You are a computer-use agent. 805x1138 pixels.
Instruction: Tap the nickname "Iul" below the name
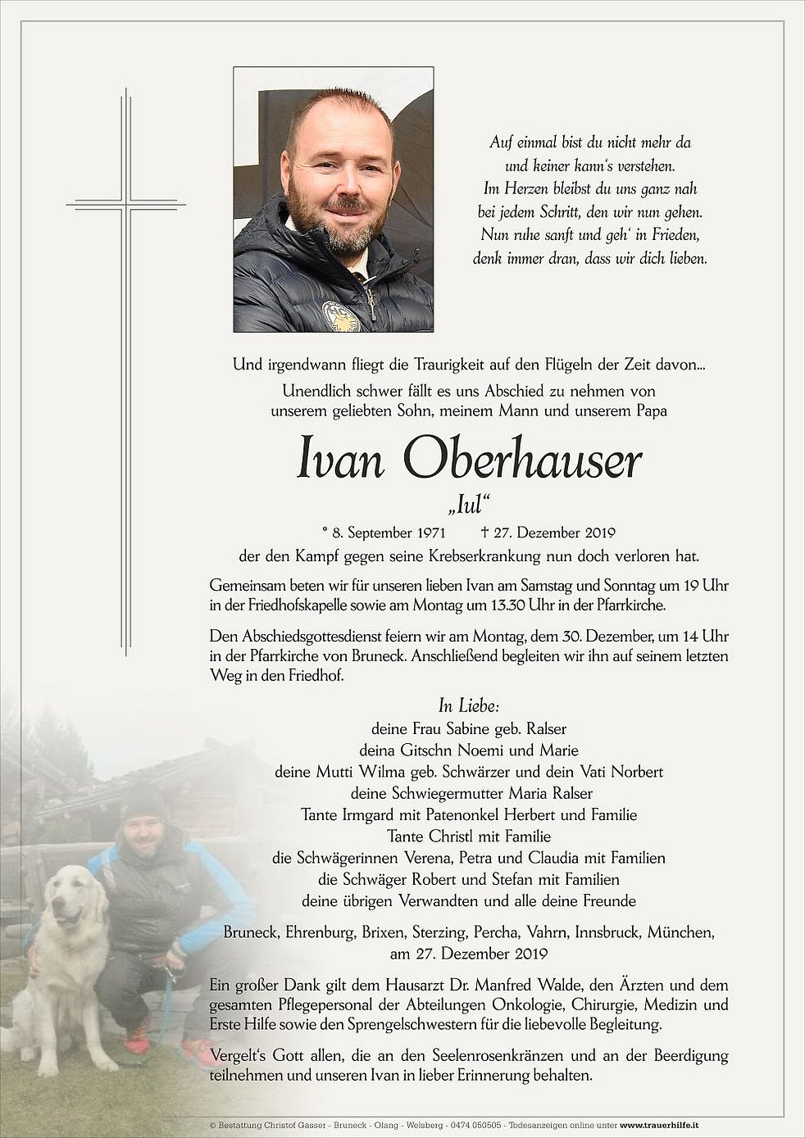tap(469, 505)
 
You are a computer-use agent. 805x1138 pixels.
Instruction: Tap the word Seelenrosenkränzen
tap(465, 1056)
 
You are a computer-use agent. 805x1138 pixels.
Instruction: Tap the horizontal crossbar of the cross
tap(127, 201)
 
